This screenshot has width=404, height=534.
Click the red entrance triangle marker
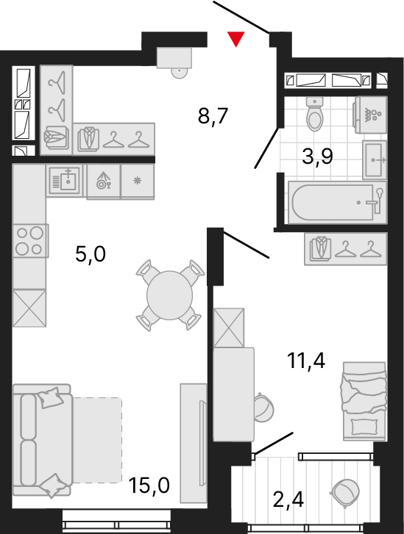pos(235,38)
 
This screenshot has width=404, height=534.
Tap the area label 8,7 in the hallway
pos(213,117)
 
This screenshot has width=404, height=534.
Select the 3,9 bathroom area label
pos(317,156)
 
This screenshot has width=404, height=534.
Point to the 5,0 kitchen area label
pos(91,254)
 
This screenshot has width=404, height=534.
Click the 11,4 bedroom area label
pos(306,361)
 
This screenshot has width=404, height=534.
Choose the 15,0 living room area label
pos(149,485)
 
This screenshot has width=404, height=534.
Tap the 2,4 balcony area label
pos(288,499)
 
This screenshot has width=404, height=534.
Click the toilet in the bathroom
pos(315,114)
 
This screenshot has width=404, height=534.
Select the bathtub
pos(337,202)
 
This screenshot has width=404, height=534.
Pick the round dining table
pos(169,295)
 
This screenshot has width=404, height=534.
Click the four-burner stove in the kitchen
pos(30,241)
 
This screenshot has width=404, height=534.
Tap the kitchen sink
pos(65,181)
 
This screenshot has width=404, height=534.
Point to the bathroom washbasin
pos(375,159)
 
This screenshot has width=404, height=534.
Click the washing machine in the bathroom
pos(371,115)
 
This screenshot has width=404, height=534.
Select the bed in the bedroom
pos(364,401)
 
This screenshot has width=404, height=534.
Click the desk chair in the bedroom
pos(263,408)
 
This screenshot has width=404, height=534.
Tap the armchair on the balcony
pos(345,491)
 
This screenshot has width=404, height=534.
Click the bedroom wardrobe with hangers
pos(346,249)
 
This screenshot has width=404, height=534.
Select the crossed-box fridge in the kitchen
pos(29,309)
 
